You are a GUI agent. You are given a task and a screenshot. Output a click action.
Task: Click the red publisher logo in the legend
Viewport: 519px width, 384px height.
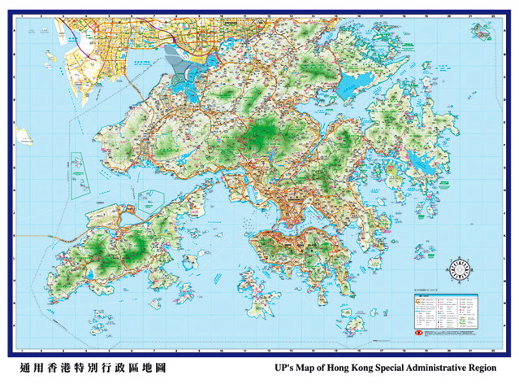417,332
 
